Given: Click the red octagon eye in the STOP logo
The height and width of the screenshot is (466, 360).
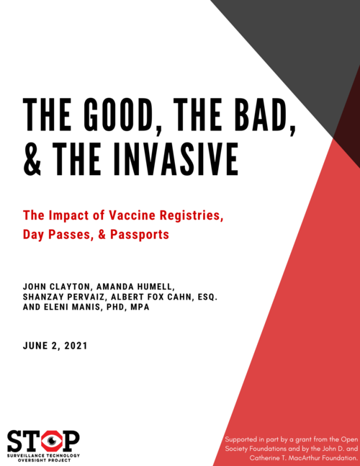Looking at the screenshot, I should [50, 439].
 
